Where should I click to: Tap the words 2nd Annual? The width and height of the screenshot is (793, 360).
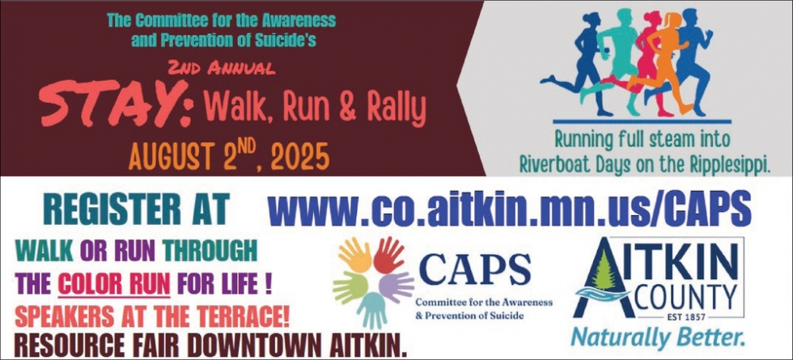point(222,68)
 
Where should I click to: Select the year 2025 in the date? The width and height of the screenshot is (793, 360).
point(296,157)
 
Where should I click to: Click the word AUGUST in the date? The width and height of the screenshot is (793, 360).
point(171,157)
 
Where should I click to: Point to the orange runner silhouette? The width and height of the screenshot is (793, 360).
point(660,63)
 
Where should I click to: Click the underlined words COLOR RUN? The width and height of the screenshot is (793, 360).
point(114,284)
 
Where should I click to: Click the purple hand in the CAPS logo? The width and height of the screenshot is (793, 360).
point(396,286)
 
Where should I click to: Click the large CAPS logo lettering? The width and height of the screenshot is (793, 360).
point(475,269)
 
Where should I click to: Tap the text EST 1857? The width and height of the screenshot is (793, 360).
point(678,316)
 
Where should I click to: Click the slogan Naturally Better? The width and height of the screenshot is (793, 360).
point(657,337)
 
